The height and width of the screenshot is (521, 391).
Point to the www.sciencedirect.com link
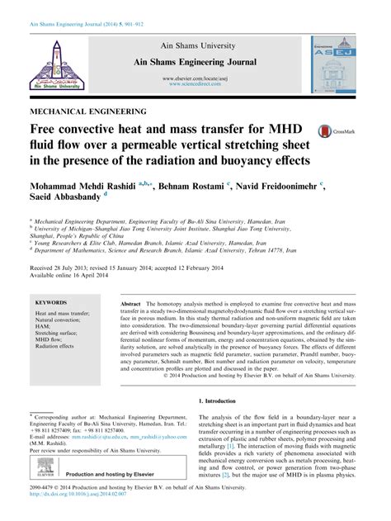(x=195, y=83)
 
